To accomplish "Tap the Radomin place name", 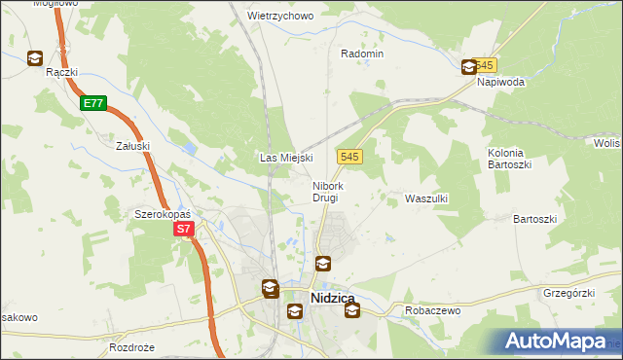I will pos(362,54).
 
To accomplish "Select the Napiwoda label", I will pos(500,83).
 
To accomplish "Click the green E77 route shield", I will pos(93,102).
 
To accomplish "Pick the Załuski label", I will pos(132,146).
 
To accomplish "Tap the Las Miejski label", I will pos(285,158).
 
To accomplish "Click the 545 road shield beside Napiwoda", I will pos(487,65).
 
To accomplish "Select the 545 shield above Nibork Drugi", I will pos(351,157).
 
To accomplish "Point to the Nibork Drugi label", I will pos(326,192).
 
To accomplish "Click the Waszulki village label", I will pos(425,198).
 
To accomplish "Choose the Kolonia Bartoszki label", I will pos(506,159).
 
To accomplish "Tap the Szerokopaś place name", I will pos(161,213).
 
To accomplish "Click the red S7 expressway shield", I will pos(184,230).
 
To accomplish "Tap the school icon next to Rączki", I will pos(35,58).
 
